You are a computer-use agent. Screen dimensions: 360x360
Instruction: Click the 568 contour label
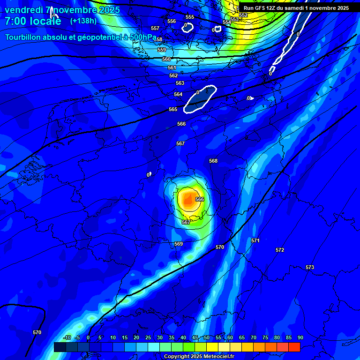click(213, 161)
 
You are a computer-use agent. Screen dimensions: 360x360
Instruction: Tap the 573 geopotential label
click(310, 267)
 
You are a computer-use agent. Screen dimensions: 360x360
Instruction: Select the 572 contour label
click(280, 250)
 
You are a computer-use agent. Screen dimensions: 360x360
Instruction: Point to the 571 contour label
click(255, 240)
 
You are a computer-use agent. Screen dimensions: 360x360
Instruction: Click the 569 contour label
click(179, 244)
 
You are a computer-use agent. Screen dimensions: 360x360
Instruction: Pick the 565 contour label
click(173, 109)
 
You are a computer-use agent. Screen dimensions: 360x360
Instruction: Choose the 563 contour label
click(180, 83)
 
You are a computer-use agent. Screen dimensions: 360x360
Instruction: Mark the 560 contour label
click(166, 59)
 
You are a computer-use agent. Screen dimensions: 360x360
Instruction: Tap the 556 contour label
click(172, 21)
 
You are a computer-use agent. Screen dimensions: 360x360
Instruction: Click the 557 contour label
click(155, 28)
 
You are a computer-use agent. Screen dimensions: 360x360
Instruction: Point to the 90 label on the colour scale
click(300, 337)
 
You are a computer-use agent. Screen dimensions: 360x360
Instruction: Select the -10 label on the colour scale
click(67, 337)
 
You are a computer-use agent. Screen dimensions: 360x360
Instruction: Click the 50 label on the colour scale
click(207, 337)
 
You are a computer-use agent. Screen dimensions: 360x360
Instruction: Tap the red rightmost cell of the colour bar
click(294, 347)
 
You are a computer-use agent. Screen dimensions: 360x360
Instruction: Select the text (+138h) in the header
click(83, 21)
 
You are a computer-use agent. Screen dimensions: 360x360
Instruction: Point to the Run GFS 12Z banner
click(296, 8)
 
